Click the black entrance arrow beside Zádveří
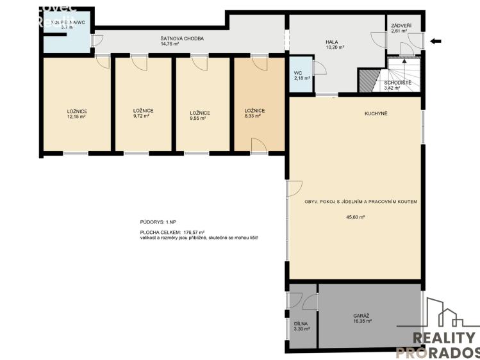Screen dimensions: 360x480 pyautogui.click(x=436, y=42)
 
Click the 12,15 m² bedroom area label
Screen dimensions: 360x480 pyautogui.click(x=77, y=117)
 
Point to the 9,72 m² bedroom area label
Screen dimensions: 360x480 pyautogui.click(x=143, y=117)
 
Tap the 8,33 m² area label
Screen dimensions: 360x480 pyautogui.click(x=254, y=117)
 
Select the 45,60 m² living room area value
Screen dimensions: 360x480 pyautogui.click(x=354, y=217)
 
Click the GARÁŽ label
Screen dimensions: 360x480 pyautogui.click(x=361, y=316)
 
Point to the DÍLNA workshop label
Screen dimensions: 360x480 pyautogui.click(x=301, y=324)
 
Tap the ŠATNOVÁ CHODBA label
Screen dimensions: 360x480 pyautogui.click(x=183, y=39)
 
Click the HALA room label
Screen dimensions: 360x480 pyautogui.click(x=331, y=42)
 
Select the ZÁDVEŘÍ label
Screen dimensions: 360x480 pyautogui.click(x=401, y=25)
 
